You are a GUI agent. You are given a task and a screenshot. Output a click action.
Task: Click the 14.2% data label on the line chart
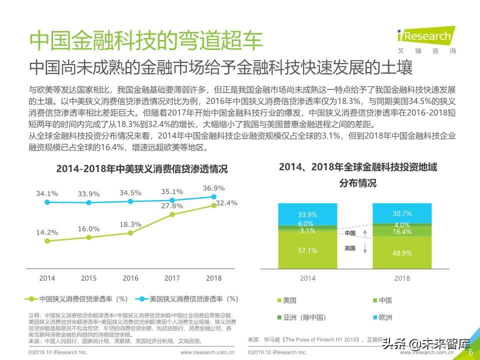[47, 232]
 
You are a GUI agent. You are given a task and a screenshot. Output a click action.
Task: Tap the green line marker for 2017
[172, 214]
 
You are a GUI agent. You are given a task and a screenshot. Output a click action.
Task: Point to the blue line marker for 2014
[47, 202]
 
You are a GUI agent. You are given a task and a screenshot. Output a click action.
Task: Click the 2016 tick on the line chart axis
[130, 278]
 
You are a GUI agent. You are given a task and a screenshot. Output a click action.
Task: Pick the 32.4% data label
[226, 203]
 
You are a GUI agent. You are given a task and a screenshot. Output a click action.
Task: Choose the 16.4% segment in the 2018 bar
[401, 232]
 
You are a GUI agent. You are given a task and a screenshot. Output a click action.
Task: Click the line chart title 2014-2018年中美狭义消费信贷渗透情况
[141, 169]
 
